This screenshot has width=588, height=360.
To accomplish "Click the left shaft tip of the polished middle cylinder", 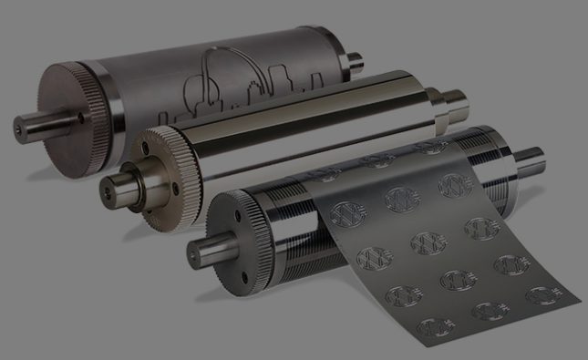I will coord(111,188).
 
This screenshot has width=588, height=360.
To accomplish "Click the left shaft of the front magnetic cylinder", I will coord(202,247).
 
